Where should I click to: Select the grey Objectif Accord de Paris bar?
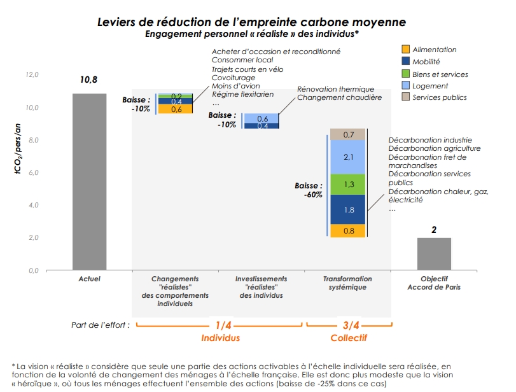click(x=434, y=254)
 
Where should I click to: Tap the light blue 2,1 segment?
click(x=347, y=157)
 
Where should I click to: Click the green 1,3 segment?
click(x=347, y=184)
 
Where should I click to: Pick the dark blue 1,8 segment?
click(x=347, y=209)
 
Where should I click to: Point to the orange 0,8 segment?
click(x=347, y=230)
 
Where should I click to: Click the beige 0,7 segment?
click(x=347, y=134)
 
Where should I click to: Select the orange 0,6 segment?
click(x=176, y=109)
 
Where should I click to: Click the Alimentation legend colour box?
click(x=405, y=50)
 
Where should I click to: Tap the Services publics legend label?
click(x=440, y=97)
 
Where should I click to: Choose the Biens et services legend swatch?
click(x=405, y=74)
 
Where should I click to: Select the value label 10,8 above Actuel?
click(x=89, y=81)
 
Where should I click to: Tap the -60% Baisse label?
click(x=312, y=195)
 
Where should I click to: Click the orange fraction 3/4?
click(x=349, y=325)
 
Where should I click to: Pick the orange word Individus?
click(x=220, y=338)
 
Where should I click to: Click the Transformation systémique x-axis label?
click(x=347, y=283)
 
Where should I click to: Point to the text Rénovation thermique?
click(x=335, y=89)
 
